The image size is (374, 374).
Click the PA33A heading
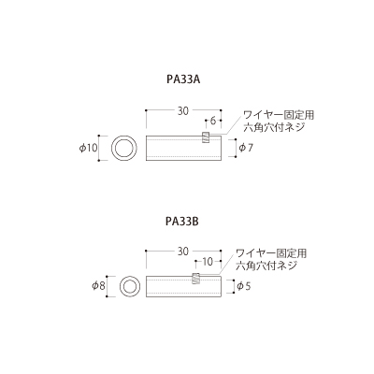pos(183,79)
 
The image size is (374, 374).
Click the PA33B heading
pos(182,222)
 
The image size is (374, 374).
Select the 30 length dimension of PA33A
pos(183,111)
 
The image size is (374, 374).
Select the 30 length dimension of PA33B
pos(183,252)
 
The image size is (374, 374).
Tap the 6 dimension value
pos(213,121)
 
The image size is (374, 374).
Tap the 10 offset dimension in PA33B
pos(208,262)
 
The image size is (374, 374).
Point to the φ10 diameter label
pos(88,149)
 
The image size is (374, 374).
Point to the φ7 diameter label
pos(246,148)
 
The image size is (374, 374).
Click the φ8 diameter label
pos(98,285)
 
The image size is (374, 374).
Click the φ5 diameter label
pos(244,286)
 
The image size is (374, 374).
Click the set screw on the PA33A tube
pos(206,137)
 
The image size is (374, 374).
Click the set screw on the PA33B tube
pos(195,278)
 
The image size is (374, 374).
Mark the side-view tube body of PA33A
pos(183,149)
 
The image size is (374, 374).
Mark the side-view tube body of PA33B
pos(183,286)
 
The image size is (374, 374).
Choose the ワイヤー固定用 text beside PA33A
pos(279,115)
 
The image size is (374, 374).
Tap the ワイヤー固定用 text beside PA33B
pos(271,253)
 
